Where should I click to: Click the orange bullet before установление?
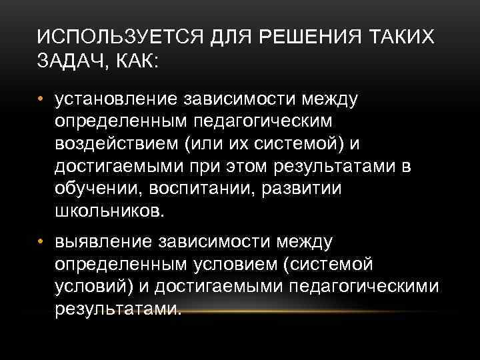coord(42,100)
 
